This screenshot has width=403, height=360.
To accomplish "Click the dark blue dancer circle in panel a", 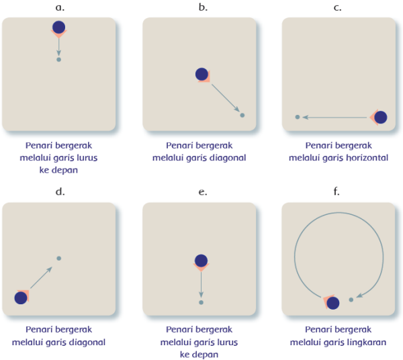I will [x=58, y=28].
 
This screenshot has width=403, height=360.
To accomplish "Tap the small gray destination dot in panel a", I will [x=59, y=60].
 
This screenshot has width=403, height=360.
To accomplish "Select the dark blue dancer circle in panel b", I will [x=201, y=75].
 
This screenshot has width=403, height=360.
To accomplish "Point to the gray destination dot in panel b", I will [x=242, y=116].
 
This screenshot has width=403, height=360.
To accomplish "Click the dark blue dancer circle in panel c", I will [x=380, y=118].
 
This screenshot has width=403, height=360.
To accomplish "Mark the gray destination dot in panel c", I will [x=298, y=118].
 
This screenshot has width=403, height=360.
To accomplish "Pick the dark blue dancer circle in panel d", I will [x=21, y=298].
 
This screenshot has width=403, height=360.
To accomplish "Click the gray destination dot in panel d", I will [x=59, y=259].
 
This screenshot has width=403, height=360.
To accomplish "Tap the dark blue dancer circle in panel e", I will [x=200, y=261].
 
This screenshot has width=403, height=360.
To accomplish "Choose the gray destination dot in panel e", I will [x=200, y=303].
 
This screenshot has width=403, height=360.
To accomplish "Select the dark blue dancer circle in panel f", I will [x=332, y=303].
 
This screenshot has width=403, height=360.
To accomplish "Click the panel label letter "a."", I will [x=59, y=7].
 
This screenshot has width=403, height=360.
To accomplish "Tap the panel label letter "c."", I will [x=337, y=7].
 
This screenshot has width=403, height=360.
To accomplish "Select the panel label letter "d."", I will [x=59, y=191].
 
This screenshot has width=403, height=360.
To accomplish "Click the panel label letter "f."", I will [x=337, y=191].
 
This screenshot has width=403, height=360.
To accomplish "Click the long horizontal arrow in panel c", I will [x=336, y=118].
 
